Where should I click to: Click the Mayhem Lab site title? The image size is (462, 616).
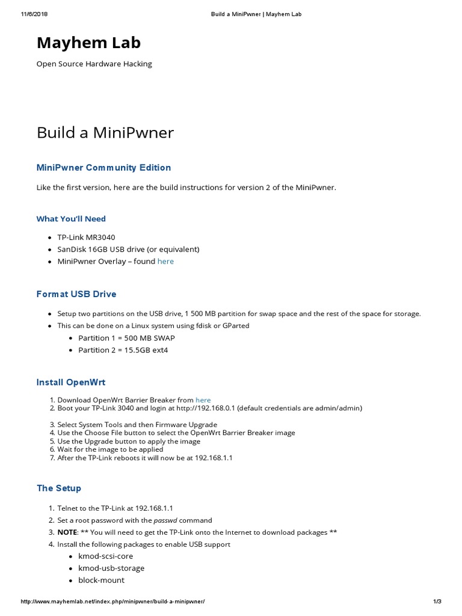pyautogui.click(x=88, y=43)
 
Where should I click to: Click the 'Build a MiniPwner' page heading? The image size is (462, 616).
pyautogui.click(x=105, y=132)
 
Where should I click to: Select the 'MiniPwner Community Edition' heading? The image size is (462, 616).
pyautogui.click(x=103, y=168)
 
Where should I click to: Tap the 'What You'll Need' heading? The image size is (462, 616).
pyautogui.click(x=71, y=219)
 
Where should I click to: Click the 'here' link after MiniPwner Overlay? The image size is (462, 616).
pyautogui.click(x=165, y=262)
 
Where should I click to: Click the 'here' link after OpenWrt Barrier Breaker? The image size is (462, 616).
pyautogui.click(x=203, y=400)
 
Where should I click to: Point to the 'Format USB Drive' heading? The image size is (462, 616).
pyautogui.click(x=76, y=294)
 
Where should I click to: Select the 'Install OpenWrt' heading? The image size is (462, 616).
pyautogui.click(x=71, y=383)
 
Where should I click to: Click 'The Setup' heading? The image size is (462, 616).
pyautogui.click(x=59, y=488)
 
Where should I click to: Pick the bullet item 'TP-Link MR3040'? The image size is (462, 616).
pyautogui.click(x=86, y=238)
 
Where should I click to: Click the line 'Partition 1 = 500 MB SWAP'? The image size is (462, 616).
pyautogui.click(x=126, y=338)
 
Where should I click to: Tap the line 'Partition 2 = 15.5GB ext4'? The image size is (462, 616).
pyautogui.click(x=123, y=350)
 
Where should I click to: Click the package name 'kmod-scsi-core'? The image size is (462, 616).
pyautogui.click(x=106, y=556)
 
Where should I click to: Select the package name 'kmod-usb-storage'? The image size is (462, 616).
pyautogui.click(x=111, y=568)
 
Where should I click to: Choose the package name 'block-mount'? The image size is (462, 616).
pyautogui.click(x=102, y=581)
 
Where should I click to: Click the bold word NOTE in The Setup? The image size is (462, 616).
pyautogui.click(x=67, y=532)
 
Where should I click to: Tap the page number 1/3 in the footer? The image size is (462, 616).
pyautogui.click(x=437, y=602)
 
